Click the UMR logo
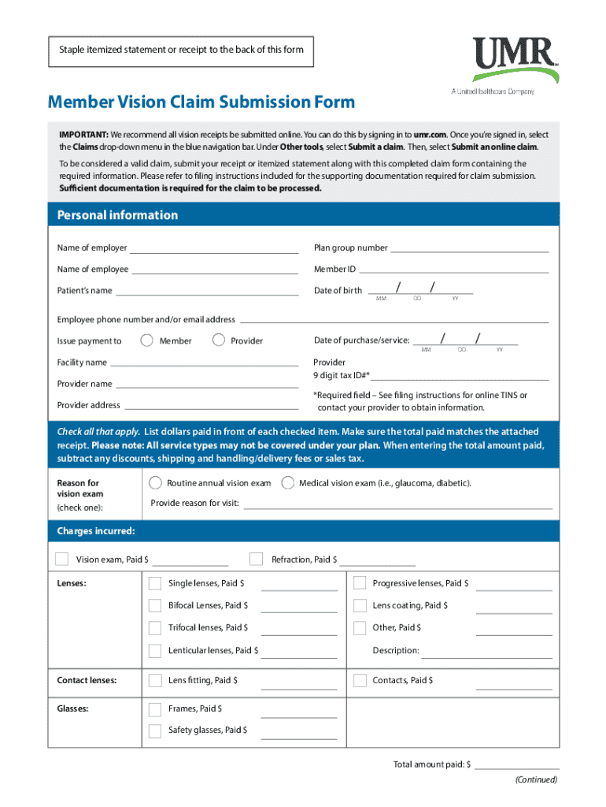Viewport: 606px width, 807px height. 515,60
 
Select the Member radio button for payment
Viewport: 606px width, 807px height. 146,340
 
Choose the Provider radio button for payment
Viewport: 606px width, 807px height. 219,340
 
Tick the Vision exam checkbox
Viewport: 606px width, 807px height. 62,560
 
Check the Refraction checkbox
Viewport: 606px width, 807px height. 256,560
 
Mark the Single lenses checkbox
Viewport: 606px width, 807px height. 155,583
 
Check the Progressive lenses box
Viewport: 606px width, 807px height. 360,583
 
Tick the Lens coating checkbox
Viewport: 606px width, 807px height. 360,605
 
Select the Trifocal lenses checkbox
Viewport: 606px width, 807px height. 155,628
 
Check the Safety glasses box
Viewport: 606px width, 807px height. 155,731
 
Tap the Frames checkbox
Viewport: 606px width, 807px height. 155,709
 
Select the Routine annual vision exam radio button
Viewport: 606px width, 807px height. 154,482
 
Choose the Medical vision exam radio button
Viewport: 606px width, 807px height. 288,482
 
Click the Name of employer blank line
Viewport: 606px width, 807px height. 214,251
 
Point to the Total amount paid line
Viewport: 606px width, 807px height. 516,767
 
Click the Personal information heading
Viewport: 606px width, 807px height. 117,215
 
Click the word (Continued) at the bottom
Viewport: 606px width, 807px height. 536,779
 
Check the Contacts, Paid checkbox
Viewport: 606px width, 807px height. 360,680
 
